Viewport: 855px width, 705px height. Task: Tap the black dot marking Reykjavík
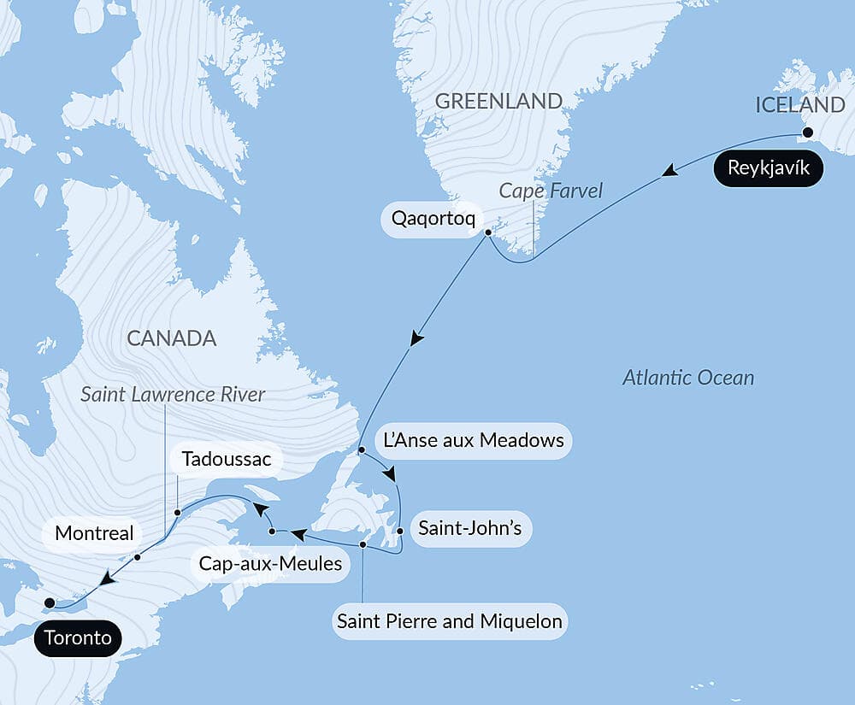point(805,132)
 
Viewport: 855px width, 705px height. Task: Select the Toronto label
point(79,637)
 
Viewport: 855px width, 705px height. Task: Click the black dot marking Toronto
point(50,602)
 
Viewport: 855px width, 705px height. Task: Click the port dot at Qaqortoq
point(487,232)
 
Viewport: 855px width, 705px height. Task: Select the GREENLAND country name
point(498,101)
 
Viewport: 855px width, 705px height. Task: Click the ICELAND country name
point(800,105)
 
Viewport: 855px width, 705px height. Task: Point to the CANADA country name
point(171,338)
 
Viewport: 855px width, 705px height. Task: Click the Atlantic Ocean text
point(688,377)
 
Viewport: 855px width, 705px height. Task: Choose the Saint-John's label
point(469,528)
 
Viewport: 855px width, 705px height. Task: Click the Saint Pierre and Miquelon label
point(450,620)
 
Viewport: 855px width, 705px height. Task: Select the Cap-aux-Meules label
point(270,564)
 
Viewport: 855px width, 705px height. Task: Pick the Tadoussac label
point(227,460)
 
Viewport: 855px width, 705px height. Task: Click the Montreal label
point(94,534)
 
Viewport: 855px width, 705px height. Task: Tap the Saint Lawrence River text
point(173,394)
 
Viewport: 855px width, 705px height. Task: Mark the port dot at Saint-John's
point(400,531)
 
